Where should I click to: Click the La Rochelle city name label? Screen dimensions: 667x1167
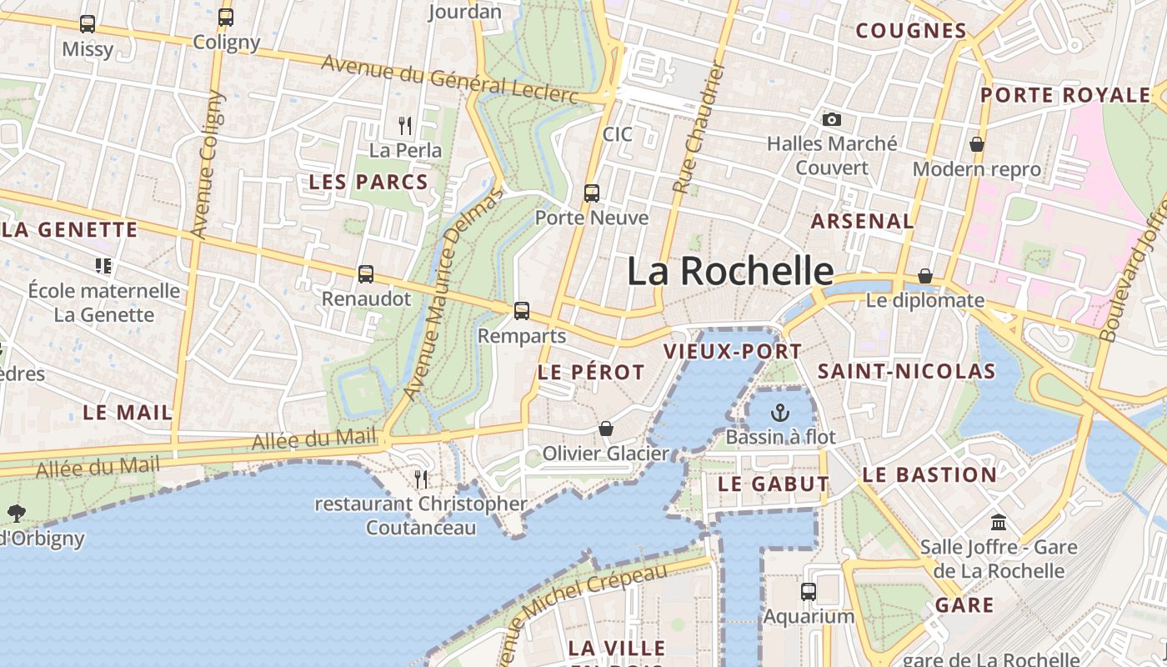point(729,272)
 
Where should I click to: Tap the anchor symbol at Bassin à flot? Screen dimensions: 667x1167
point(780,412)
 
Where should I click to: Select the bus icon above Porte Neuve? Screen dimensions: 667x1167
point(592,193)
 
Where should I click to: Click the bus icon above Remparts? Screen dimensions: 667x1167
point(522,311)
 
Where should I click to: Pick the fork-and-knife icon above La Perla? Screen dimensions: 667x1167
point(405,126)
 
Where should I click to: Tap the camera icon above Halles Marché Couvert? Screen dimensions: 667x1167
point(831,120)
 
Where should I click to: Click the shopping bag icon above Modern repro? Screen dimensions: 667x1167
point(977,145)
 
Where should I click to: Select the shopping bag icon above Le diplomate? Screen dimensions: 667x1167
point(925,276)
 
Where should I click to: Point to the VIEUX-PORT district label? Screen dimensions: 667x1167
point(733,351)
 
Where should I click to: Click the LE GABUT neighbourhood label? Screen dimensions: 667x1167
point(774,484)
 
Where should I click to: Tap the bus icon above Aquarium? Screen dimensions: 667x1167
point(809,592)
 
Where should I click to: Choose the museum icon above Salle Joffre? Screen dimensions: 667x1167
point(999,523)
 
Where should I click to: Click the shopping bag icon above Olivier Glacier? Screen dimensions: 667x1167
point(606,429)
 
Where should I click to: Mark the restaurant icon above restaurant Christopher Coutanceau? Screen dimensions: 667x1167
point(421,479)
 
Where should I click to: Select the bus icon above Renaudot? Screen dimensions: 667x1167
point(365,273)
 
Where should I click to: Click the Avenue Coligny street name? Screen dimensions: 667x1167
point(208,164)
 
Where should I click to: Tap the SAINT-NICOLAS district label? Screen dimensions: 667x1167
point(906,371)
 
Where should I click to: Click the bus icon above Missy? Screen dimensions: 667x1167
point(88,24)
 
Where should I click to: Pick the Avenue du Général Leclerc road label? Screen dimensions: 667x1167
point(449,80)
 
